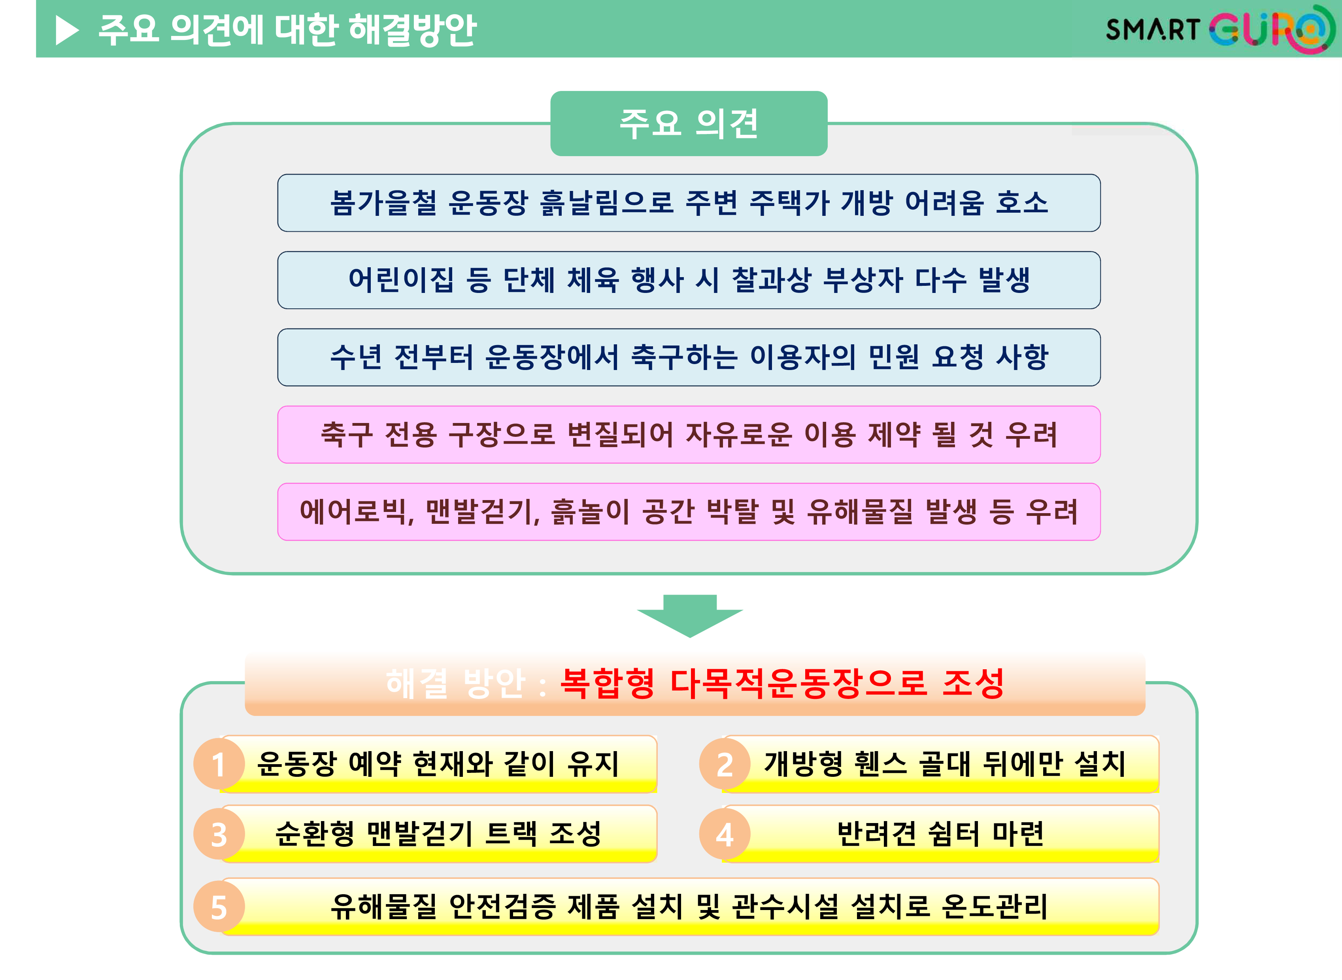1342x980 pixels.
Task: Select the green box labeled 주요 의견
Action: pos(689,123)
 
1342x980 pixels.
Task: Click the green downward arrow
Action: pos(690,616)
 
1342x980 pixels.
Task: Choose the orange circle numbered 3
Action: pos(219,834)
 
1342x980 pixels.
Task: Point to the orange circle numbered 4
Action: pos(725,834)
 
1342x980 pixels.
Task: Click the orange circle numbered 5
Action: pos(219,906)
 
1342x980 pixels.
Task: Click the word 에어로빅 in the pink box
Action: pos(354,512)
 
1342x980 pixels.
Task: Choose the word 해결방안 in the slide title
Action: pos(412,30)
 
